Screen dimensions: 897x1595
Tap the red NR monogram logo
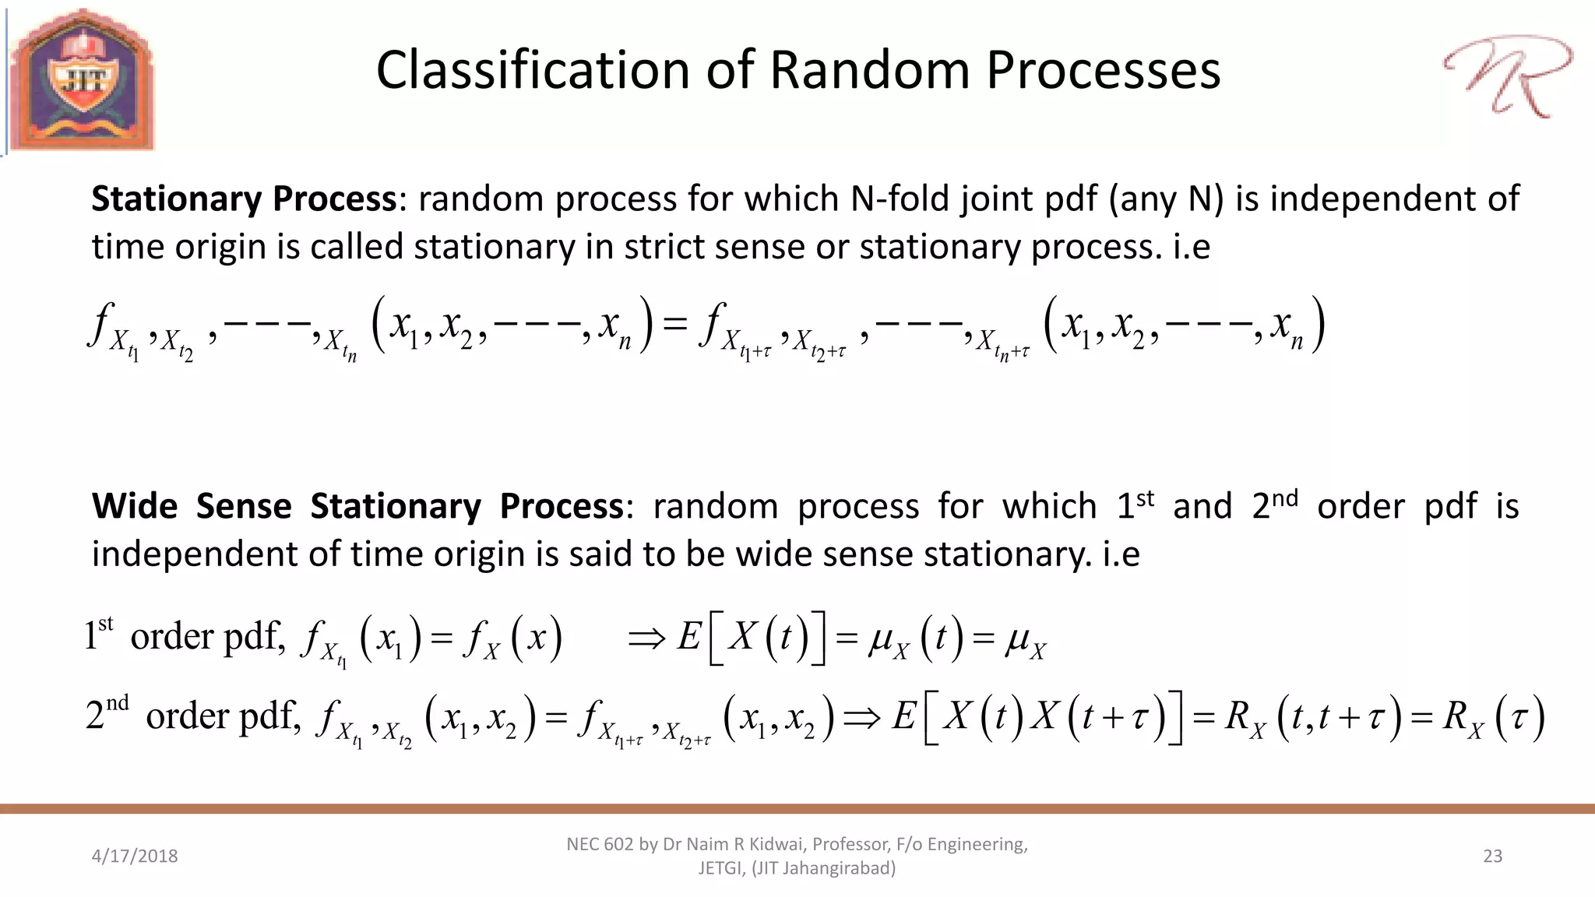pos(1506,76)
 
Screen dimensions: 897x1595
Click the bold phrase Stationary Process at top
pos(244,199)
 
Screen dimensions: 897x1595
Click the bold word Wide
pos(135,506)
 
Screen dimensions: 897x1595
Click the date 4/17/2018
pos(135,856)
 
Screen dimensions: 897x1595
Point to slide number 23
pos(1492,856)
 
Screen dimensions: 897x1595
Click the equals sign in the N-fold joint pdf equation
pos(674,323)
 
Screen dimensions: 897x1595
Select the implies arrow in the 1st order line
pos(646,638)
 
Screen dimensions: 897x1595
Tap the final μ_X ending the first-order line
pos(1025,640)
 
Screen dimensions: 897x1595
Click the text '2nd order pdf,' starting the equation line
pos(192,715)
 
